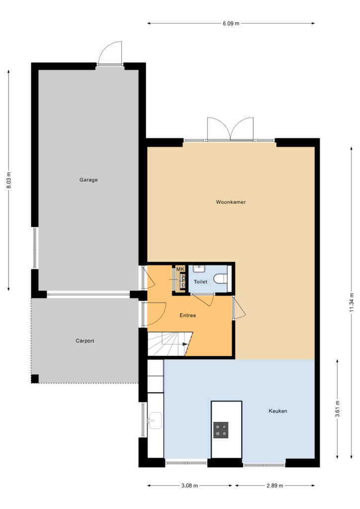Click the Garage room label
(x=89, y=180)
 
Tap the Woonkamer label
(x=231, y=202)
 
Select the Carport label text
(x=85, y=341)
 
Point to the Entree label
(x=187, y=315)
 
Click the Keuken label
(x=278, y=411)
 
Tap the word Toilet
(x=200, y=282)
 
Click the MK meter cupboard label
(x=180, y=269)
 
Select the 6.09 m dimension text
(x=231, y=23)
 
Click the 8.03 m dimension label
(x=9, y=180)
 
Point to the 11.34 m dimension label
(x=352, y=302)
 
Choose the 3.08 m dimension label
(x=189, y=486)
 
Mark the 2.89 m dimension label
(x=274, y=486)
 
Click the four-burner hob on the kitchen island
(x=221, y=430)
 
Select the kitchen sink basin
(x=155, y=421)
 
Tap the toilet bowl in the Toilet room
(x=221, y=279)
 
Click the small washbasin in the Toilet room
(x=198, y=268)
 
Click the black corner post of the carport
(x=35, y=379)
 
